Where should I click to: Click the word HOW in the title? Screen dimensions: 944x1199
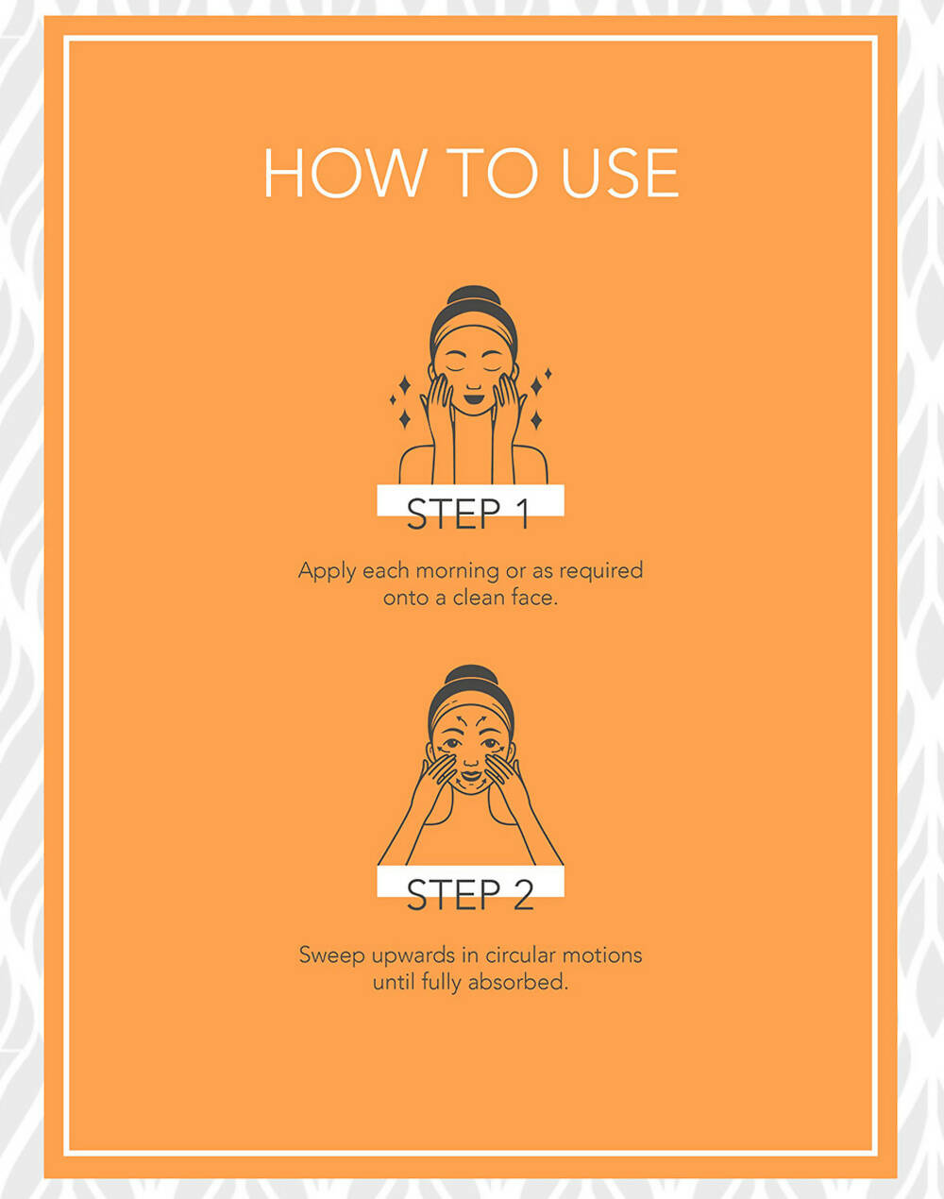(346, 173)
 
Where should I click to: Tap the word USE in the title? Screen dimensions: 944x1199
(619, 173)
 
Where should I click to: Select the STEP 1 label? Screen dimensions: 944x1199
(468, 514)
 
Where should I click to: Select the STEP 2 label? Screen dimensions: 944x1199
(470, 894)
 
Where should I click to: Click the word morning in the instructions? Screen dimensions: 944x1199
(457, 571)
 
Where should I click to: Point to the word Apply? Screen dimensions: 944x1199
(328, 571)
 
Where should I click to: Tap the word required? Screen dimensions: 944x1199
(600, 571)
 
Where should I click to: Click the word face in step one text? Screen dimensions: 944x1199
(534, 598)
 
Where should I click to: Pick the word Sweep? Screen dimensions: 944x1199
(332, 955)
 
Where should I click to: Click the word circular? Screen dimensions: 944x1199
(520, 955)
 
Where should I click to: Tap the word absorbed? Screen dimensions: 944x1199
(517, 982)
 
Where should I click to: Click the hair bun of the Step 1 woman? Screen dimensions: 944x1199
(474, 295)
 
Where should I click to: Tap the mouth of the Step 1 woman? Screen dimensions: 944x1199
(474, 399)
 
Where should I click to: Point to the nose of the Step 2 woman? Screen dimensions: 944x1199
(471, 761)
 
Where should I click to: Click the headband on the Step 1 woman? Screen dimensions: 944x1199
(474, 332)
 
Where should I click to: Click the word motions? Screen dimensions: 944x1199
(602, 955)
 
